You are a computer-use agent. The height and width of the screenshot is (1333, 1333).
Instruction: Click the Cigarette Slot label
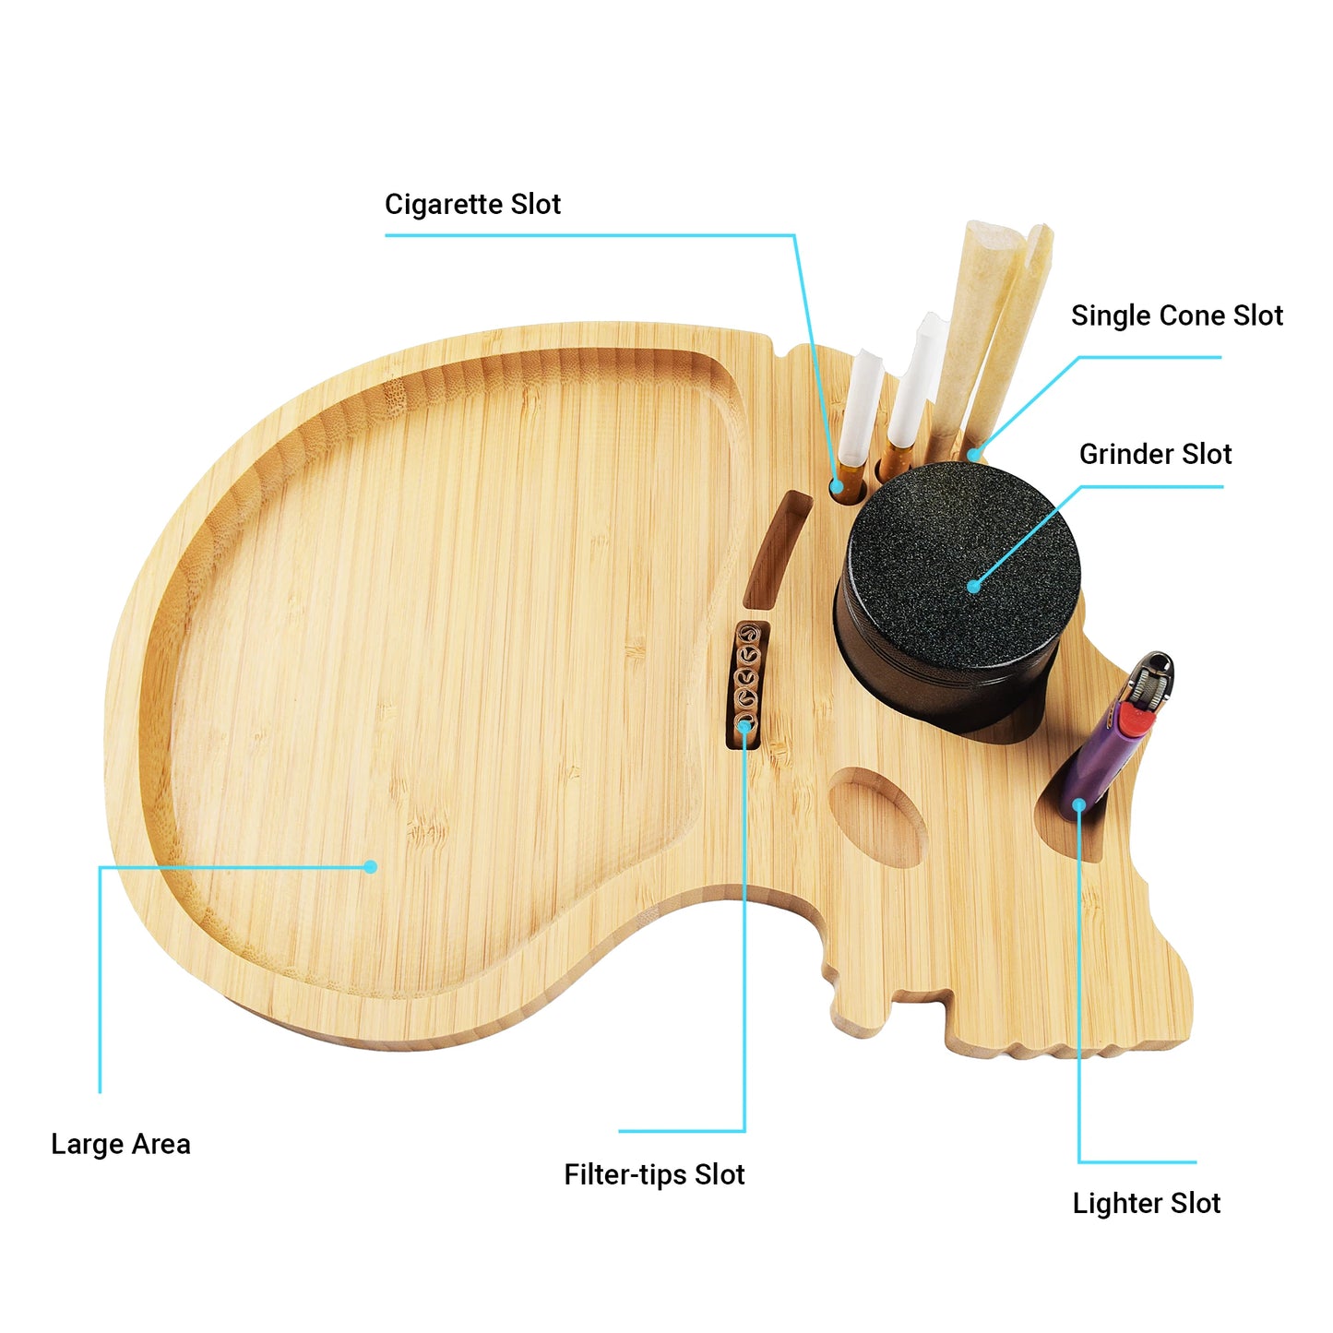pyautogui.click(x=472, y=204)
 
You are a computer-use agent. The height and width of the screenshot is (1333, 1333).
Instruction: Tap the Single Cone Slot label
pyautogui.click(x=1177, y=315)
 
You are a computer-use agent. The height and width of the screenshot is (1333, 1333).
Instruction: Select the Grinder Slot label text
pyautogui.click(x=1155, y=454)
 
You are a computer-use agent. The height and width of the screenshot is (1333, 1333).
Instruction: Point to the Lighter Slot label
pyautogui.click(x=1147, y=1203)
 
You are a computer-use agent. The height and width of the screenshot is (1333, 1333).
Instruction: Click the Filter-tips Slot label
pyautogui.click(x=654, y=1174)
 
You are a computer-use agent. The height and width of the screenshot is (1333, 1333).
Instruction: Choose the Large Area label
pyautogui.click(x=120, y=1144)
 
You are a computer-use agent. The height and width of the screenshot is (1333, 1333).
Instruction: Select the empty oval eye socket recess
pyautogui.click(x=877, y=816)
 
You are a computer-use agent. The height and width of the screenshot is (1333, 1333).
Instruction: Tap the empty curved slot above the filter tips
pyautogui.click(x=776, y=550)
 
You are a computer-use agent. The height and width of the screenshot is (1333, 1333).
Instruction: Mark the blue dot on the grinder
pyautogui.click(x=973, y=587)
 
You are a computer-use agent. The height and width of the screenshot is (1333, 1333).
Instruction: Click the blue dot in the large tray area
pyautogui.click(x=370, y=866)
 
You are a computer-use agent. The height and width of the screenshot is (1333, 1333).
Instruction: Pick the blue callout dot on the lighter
pyautogui.click(x=1078, y=803)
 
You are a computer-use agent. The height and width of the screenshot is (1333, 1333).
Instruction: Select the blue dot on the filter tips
pyautogui.click(x=744, y=726)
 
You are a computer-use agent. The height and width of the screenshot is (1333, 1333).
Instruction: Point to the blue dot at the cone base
pyautogui.click(x=973, y=454)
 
